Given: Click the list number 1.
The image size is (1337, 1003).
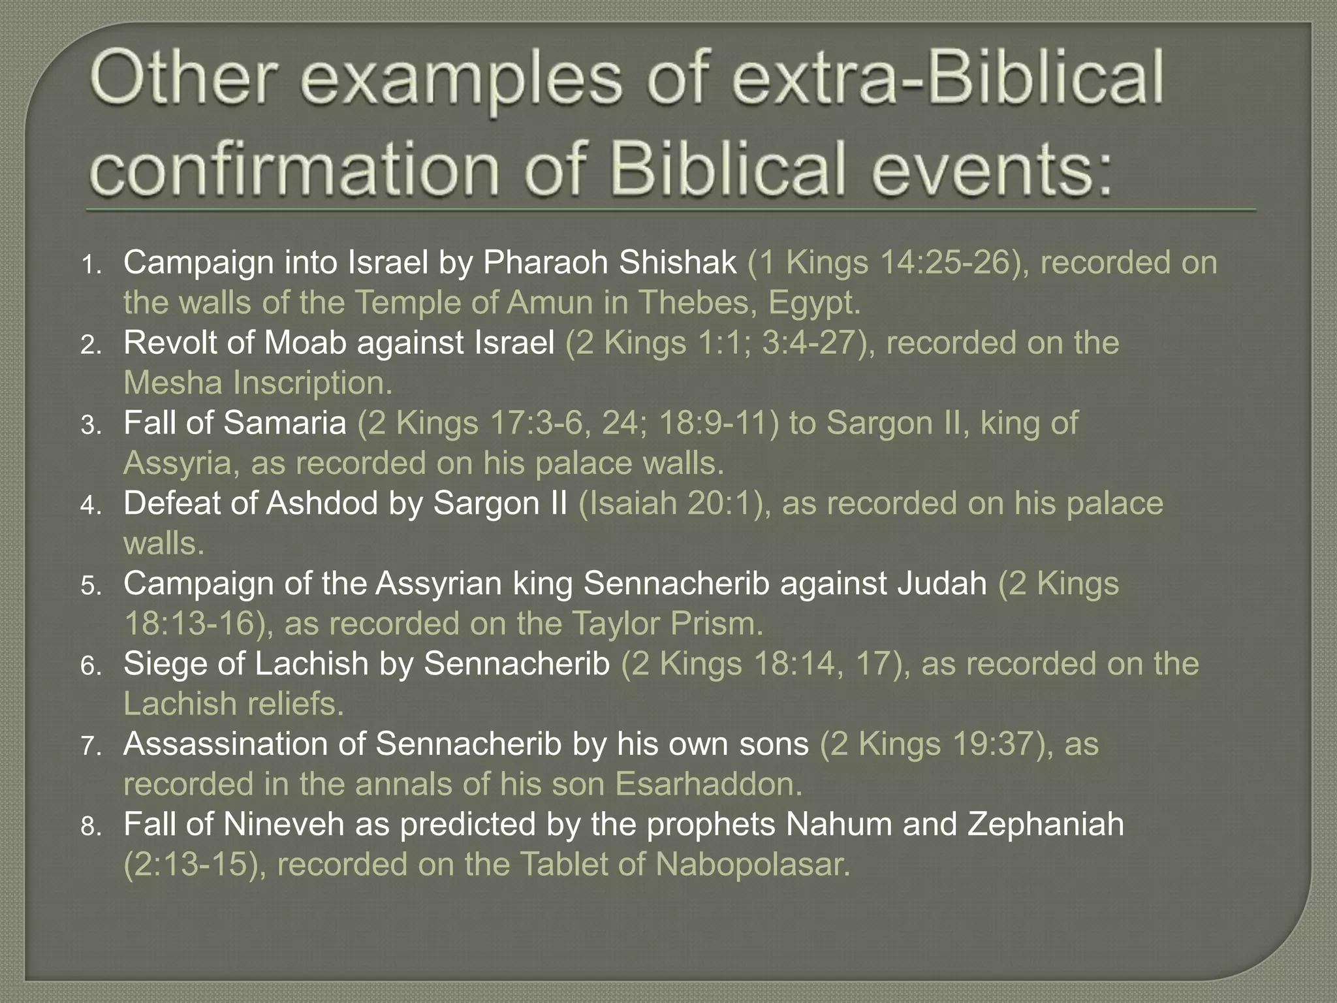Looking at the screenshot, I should click(x=91, y=266).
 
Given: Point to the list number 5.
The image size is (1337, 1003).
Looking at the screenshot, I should click(x=91, y=587).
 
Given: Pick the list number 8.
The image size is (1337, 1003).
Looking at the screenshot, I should click(x=91, y=828).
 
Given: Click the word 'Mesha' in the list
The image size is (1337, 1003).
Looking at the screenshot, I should click(x=173, y=383).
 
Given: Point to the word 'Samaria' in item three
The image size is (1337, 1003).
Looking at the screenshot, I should click(x=285, y=423).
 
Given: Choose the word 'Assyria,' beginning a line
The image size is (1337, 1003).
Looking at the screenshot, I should click(x=182, y=464).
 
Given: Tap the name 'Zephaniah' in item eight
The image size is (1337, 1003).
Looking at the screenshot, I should click(x=1046, y=824).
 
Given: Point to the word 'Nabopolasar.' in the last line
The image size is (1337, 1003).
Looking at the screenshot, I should click(x=753, y=865).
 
